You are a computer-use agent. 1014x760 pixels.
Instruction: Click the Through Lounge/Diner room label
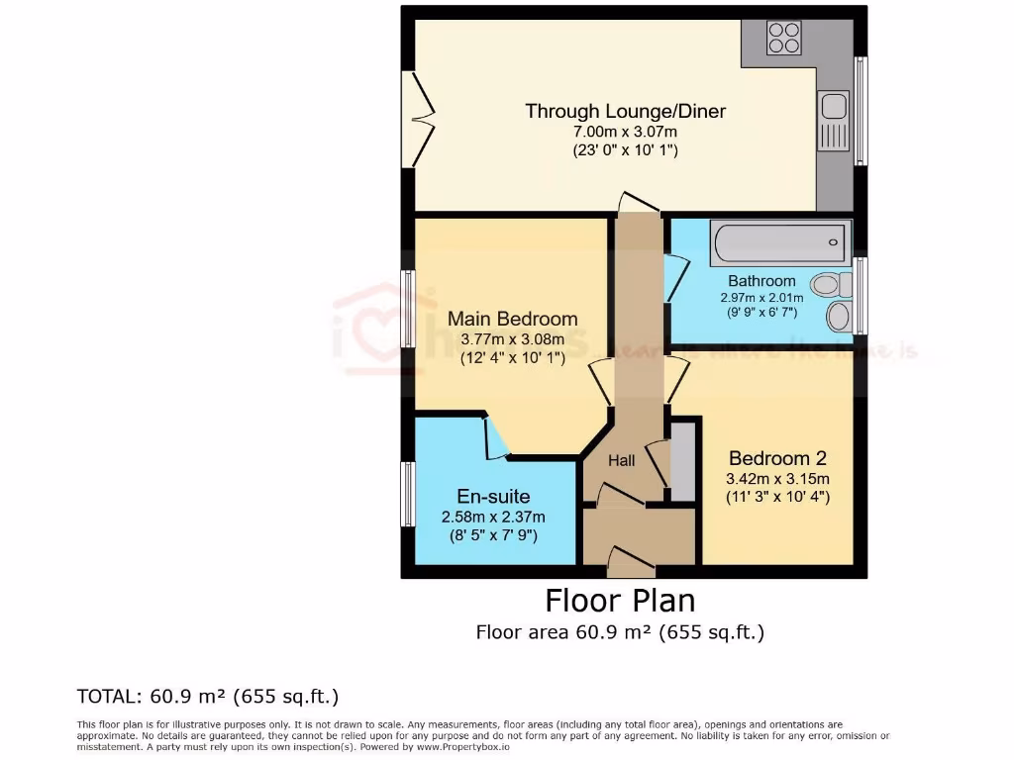pos(625,112)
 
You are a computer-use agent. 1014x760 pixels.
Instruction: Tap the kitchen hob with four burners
pos(784,38)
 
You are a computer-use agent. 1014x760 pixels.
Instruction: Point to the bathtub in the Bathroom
pos(781,240)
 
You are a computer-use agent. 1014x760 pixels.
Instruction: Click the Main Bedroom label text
pos(512,320)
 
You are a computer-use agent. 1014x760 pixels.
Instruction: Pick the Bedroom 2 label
pos(777,459)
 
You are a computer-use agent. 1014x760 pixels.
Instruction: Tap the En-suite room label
pos(492,497)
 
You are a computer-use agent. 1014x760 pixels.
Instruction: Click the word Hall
pos(621,460)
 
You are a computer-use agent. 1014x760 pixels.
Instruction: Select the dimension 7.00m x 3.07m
pos(625,133)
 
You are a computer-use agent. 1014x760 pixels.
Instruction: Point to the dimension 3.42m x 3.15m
pos(777,479)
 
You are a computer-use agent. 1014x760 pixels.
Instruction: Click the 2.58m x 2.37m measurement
pos(492,517)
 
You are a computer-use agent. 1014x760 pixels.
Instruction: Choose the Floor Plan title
pos(620,601)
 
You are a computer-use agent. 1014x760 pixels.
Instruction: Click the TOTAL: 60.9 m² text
pos(208,697)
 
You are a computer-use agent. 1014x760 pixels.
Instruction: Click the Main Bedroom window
pos(407,308)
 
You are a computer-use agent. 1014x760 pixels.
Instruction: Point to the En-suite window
pos(407,494)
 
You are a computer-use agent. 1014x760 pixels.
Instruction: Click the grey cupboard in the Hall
pos(681,460)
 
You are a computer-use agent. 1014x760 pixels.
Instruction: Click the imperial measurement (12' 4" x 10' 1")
pos(512,358)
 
